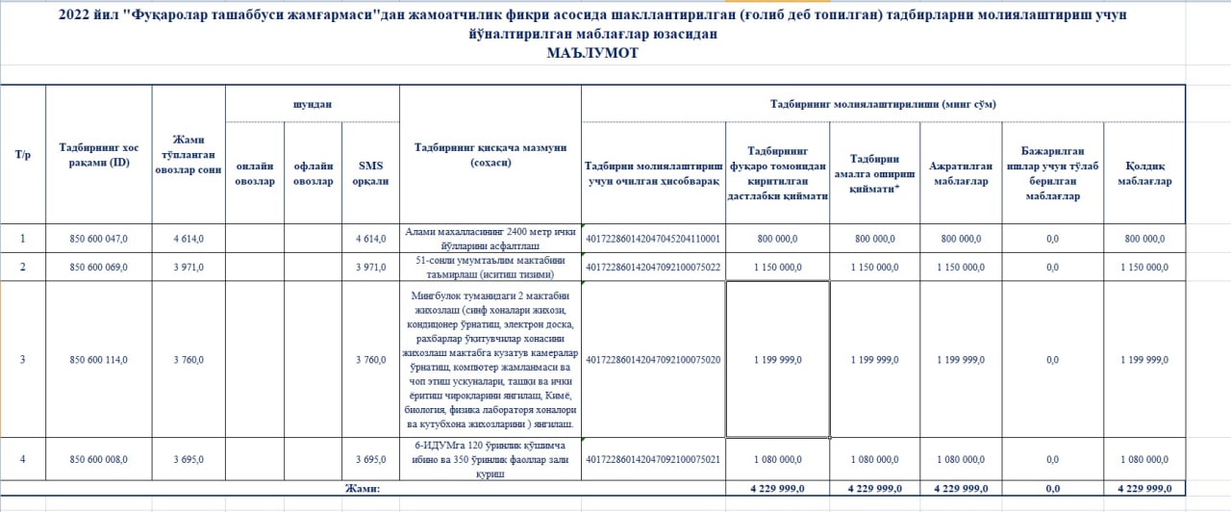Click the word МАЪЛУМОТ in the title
[592, 54]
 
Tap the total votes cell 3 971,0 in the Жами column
[188, 267]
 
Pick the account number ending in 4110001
[653, 239]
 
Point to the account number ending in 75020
[653, 360]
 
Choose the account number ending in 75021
[653, 460]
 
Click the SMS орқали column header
[370, 172]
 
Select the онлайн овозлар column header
[255, 172]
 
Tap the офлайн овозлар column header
[314, 172]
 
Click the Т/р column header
[23, 154]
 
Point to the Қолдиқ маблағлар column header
[1144, 172]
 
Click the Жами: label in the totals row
[363, 489]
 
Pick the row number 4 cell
[23, 460]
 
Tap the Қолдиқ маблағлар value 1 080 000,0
[1144, 460]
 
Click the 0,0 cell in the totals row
[1052, 489]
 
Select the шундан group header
[313, 103]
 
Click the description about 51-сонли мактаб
[490, 267]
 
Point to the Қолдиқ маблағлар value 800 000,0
[1144, 239]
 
